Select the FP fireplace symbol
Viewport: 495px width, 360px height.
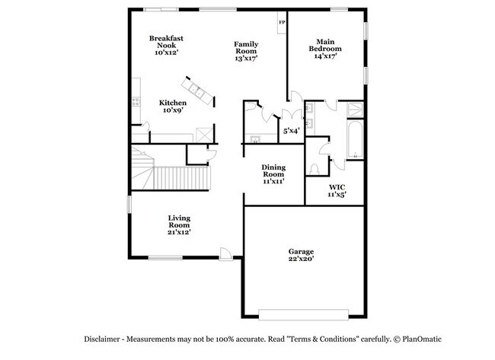[282, 23]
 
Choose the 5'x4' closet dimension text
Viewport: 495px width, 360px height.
[291, 130]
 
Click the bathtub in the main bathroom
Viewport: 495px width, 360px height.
[354, 141]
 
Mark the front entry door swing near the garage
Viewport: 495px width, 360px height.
[226, 253]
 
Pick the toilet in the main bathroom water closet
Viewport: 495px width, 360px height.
[315, 167]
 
